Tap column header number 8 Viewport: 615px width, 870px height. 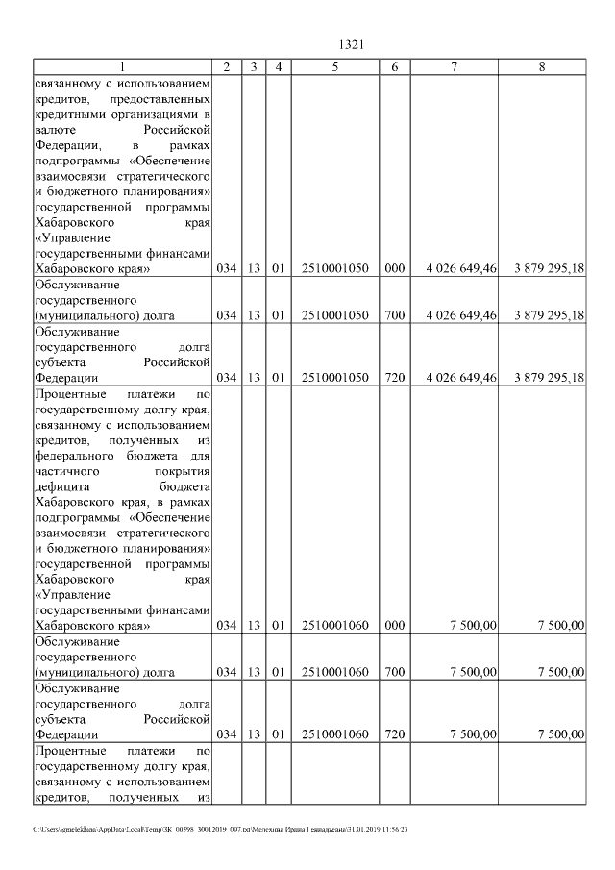coord(542,66)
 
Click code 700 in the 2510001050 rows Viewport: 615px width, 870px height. coord(394,315)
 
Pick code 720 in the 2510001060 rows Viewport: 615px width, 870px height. coord(394,734)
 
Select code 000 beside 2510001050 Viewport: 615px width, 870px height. coord(394,269)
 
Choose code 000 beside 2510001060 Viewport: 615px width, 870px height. coord(394,626)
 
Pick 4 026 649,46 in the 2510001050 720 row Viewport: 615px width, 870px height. coord(461,378)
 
